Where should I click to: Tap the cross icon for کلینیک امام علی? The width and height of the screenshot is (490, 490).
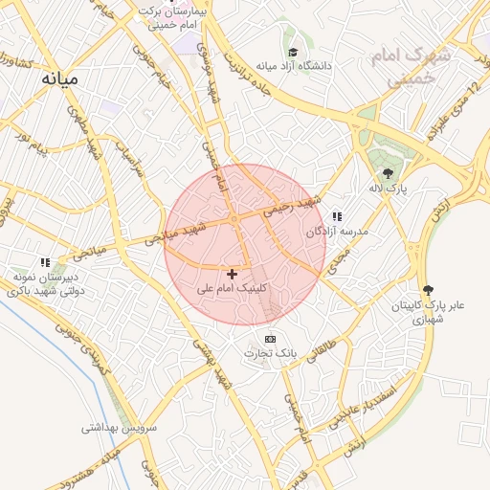coord(232,274)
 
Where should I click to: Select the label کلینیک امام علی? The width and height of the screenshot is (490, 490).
coord(232,287)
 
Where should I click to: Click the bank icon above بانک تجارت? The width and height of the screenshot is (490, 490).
coord(270,339)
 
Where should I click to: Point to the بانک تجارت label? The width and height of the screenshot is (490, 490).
coord(270,353)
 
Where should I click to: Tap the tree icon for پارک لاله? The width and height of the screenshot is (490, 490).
coord(388,173)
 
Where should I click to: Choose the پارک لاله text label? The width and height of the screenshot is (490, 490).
coord(390,189)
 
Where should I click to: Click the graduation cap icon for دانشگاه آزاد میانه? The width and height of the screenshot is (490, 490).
coord(292,52)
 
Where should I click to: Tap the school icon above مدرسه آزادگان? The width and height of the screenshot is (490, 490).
coord(336,217)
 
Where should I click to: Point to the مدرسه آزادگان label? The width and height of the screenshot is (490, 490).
coord(336,232)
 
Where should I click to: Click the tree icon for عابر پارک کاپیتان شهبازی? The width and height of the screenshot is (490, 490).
coord(427,290)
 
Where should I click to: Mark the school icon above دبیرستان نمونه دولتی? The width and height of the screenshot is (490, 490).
coord(44,261)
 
